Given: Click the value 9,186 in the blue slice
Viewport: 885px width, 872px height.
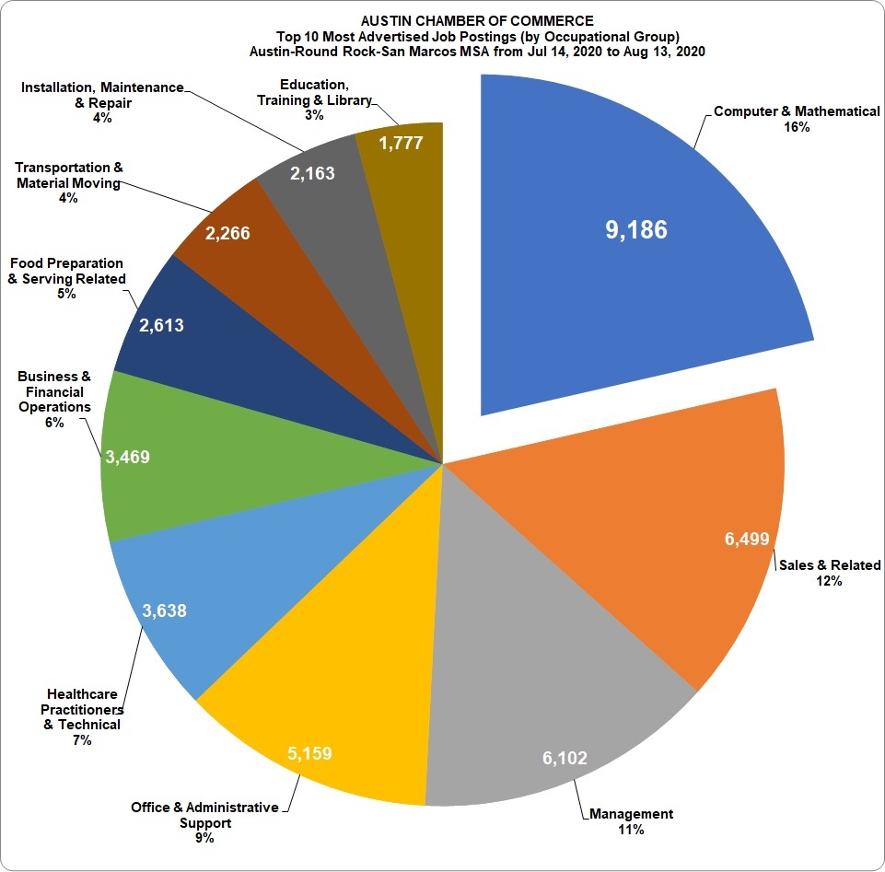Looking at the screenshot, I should click(635, 230).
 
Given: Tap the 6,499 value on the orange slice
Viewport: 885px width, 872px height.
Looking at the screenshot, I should click(747, 540).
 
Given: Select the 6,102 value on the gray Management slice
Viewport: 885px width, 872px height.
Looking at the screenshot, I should click(564, 759).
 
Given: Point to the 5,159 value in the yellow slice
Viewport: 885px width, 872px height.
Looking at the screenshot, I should click(309, 754).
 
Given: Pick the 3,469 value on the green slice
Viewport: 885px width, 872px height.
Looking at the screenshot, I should click(127, 457).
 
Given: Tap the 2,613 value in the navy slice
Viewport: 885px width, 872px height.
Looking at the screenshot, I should click(161, 325).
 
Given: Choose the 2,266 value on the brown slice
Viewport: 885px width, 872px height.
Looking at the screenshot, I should click(227, 234).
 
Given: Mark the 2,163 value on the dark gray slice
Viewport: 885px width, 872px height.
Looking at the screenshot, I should click(312, 172).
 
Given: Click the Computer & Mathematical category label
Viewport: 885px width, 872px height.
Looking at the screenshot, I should click(797, 111).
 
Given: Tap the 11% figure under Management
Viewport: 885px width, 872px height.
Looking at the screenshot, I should click(631, 830).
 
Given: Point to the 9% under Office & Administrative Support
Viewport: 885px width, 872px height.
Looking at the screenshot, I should click(204, 838).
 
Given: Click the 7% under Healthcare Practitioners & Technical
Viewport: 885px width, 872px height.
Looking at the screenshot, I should click(81, 740).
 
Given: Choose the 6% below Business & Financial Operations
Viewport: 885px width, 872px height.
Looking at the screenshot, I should click(53, 423).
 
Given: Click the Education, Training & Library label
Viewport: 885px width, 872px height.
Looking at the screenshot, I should click(314, 92).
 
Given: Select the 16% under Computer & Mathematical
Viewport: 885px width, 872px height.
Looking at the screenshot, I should click(797, 127).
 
